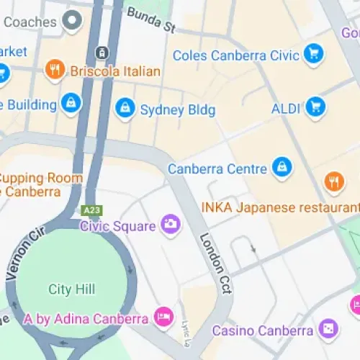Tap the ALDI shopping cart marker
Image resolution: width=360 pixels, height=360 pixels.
click(315, 108)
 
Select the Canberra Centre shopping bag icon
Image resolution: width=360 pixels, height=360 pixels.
click(282, 168)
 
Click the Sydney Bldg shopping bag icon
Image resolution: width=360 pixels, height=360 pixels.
click(125, 109)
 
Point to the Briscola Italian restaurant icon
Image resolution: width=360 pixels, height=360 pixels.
click(55, 70)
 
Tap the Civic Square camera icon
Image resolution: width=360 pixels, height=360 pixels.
click(171, 225)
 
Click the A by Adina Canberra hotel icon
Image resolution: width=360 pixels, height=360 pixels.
click(164, 317)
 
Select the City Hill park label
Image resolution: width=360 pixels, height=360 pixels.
click(71, 289)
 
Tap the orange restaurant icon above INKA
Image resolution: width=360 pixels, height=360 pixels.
click(332, 181)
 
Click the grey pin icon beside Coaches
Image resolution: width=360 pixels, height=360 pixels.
click(72, 21)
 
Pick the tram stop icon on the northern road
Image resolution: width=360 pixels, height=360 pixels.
click(102, 52)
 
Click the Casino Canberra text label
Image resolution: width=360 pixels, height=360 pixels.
click(263, 330)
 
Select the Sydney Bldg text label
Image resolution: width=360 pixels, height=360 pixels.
click(177, 110)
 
